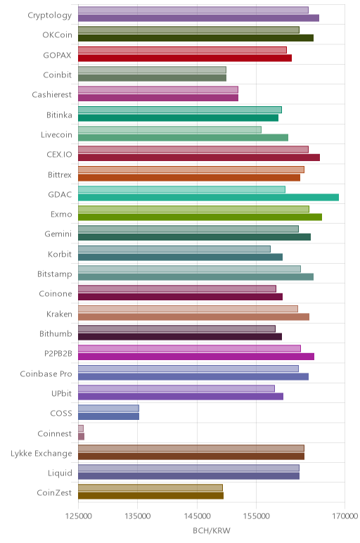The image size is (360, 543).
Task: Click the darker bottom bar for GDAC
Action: (208, 198)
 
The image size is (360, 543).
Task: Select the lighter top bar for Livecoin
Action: (169, 130)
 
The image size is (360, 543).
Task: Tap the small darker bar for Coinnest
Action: (82, 436)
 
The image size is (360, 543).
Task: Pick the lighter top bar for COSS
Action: (109, 408)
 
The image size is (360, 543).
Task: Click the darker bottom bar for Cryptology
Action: (199, 18)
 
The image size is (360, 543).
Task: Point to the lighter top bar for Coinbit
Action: (153, 70)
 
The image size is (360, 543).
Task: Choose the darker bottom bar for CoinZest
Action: (151, 496)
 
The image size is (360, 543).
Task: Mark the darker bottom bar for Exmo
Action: (200, 217)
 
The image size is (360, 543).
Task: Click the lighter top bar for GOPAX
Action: (182, 50)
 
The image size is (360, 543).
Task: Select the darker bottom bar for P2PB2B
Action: (196, 357)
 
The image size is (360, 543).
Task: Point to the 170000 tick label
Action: (345, 516)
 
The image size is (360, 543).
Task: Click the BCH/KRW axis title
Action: (212, 530)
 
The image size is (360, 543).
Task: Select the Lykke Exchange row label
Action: (41, 454)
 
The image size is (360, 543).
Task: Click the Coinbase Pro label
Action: (46, 373)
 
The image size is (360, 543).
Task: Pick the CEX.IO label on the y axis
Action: (59, 155)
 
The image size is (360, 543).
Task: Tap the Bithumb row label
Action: (56, 334)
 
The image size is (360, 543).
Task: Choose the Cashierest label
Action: (52, 94)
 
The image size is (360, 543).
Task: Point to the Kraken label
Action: (59, 314)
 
